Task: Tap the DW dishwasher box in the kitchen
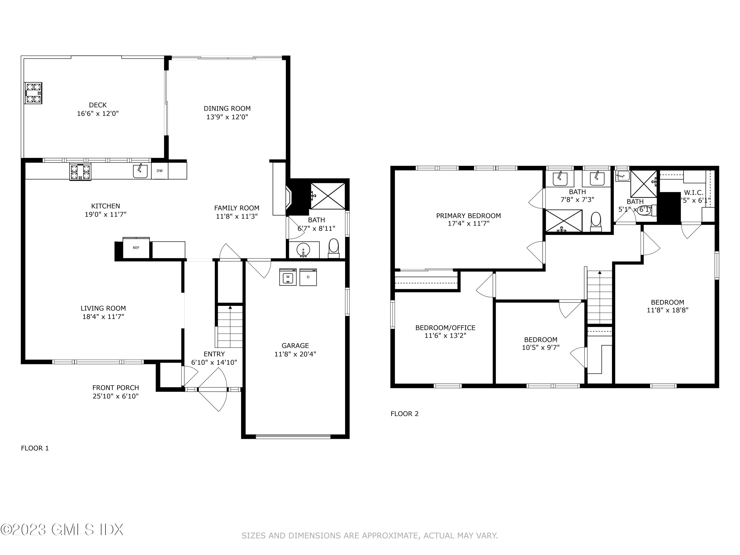pyautogui.click(x=160, y=171)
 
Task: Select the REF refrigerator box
pyautogui.click(x=136, y=248)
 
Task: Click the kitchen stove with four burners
pyautogui.click(x=80, y=172)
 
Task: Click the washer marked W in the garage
pyautogui.click(x=288, y=277)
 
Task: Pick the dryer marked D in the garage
pyautogui.click(x=308, y=277)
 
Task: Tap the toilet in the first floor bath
pyautogui.click(x=333, y=248)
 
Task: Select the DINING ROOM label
pyautogui.click(x=227, y=108)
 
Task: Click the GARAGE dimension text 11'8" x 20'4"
pyautogui.click(x=295, y=354)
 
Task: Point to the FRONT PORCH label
pyautogui.click(x=115, y=388)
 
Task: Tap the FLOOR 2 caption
pyautogui.click(x=405, y=414)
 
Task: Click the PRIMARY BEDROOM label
pyautogui.click(x=468, y=216)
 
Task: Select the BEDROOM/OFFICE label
pyautogui.click(x=445, y=328)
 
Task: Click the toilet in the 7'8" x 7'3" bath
pyautogui.click(x=596, y=221)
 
